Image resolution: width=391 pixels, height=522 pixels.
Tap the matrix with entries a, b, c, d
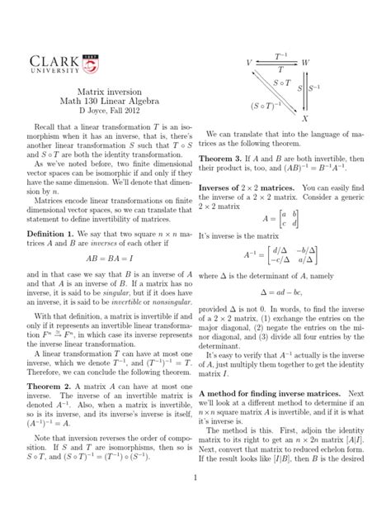pyautogui.click(x=291, y=220)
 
